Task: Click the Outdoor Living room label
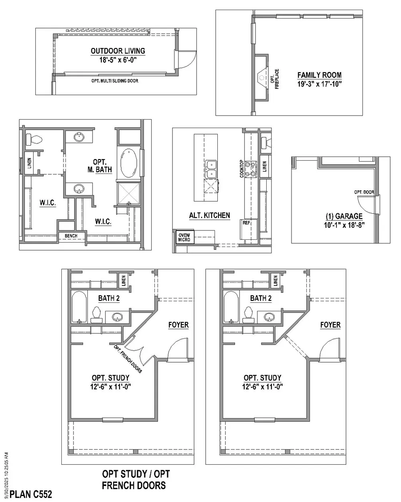click(117, 51)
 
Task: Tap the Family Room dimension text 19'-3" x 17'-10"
click(320, 84)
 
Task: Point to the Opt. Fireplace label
click(275, 79)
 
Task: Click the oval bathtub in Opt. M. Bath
click(128, 163)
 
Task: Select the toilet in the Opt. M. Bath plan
click(34, 139)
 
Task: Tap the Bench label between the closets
click(71, 236)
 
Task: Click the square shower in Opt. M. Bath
click(129, 194)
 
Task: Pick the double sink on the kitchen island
click(211, 169)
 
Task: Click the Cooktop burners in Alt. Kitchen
click(251, 169)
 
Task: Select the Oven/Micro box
click(185, 237)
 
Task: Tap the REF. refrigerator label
click(247, 223)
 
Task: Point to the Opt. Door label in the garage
click(364, 192)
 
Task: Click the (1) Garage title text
click(344, 216)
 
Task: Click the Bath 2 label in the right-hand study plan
click(261, 298)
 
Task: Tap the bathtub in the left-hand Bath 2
click(79, 307)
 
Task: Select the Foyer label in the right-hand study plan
click(330, 325)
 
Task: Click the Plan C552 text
click(31, 494)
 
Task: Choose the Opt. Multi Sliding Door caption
click(115, 81)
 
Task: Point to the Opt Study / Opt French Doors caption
click(135, 480)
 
